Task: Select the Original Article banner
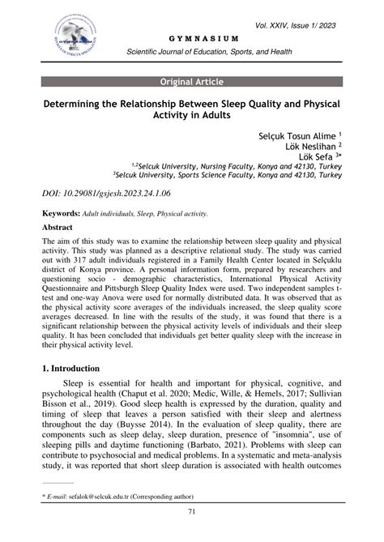pyautogui.click(x=191, y=82)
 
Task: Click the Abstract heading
pyautogui.click(x=63, y=228)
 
